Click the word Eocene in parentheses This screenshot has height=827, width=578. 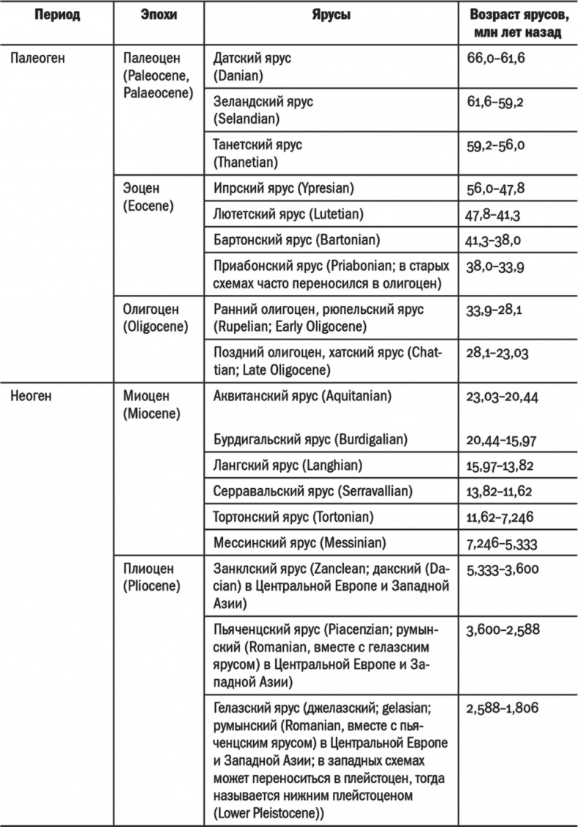coord(149,206)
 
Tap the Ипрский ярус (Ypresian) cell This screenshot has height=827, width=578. coord(283,188)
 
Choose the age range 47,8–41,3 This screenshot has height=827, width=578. coord(495,215)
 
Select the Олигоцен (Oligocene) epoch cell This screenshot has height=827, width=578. coord(151,318)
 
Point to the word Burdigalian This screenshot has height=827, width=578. coord(372,439)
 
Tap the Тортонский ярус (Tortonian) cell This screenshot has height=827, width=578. coord(293,517)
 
